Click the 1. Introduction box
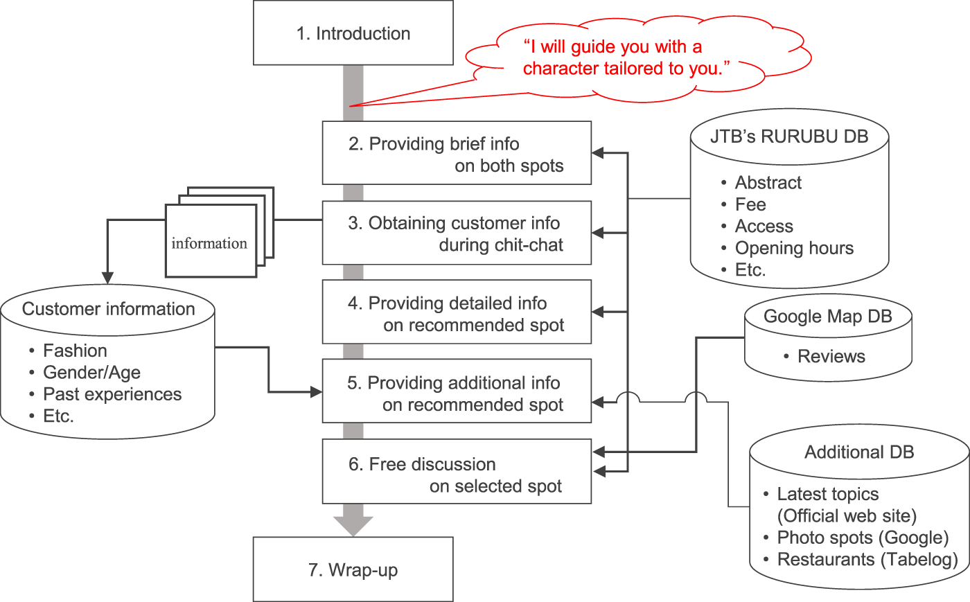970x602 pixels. tap(353, 33)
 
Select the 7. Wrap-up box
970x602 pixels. tap(353, 569)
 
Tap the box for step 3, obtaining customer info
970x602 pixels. tap(457, 233)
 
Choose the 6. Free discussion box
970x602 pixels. tap(457, 475)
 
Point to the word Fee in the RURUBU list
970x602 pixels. tap(750, 204)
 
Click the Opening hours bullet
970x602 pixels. tap(794, 248)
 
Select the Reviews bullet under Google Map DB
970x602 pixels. tap(831, 356)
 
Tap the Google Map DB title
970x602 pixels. tap(827, 317)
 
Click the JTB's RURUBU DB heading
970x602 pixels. tap(789, 136)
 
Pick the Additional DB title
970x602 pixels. tap(859, 452)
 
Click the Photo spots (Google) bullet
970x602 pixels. tap(863, 538)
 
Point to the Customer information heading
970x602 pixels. tap(109, 309)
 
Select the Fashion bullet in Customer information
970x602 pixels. tap(75, 351)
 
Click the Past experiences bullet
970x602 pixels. tap(112, 394)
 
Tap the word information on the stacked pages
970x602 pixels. tap(209, 243)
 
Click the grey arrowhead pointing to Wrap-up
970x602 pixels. tap(353, 526)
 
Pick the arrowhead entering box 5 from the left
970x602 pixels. tap(317, 393)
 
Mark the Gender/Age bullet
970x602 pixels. tap(91, 373)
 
